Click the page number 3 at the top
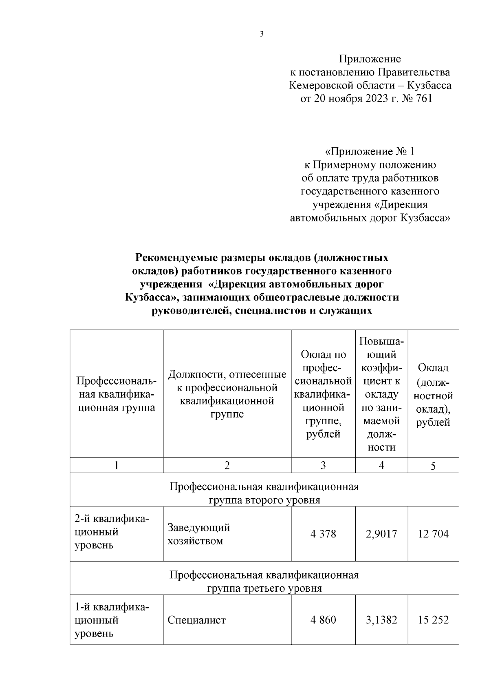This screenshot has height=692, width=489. (261, 34)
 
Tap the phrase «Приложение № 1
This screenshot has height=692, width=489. (370, 152)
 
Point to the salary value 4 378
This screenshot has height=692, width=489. (323, 534)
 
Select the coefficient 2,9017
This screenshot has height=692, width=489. (381, 534)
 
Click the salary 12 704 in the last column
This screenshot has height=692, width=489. (433, 534)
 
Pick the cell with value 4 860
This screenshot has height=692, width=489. (323, 620)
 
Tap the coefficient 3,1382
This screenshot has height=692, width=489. (381, 620)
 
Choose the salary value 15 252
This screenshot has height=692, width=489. (433, 620)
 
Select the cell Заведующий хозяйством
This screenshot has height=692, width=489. (198, 534)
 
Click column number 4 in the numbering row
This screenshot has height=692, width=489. (381, 465)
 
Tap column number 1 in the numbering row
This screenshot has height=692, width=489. (116, 465)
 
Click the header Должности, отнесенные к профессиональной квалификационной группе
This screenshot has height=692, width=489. (227, 394)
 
